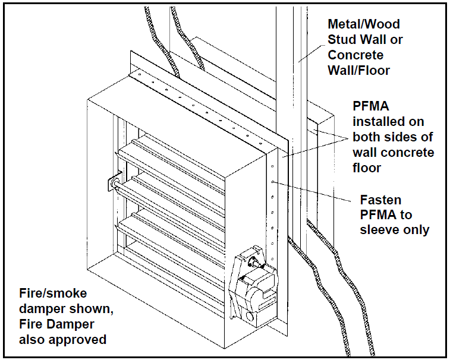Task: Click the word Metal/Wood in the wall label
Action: pos(364,24)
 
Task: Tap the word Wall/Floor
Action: pos(359,71)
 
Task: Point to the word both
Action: pos(368,137)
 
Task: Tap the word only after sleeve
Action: pos(414,229)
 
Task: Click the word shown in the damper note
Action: pos(87,309)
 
